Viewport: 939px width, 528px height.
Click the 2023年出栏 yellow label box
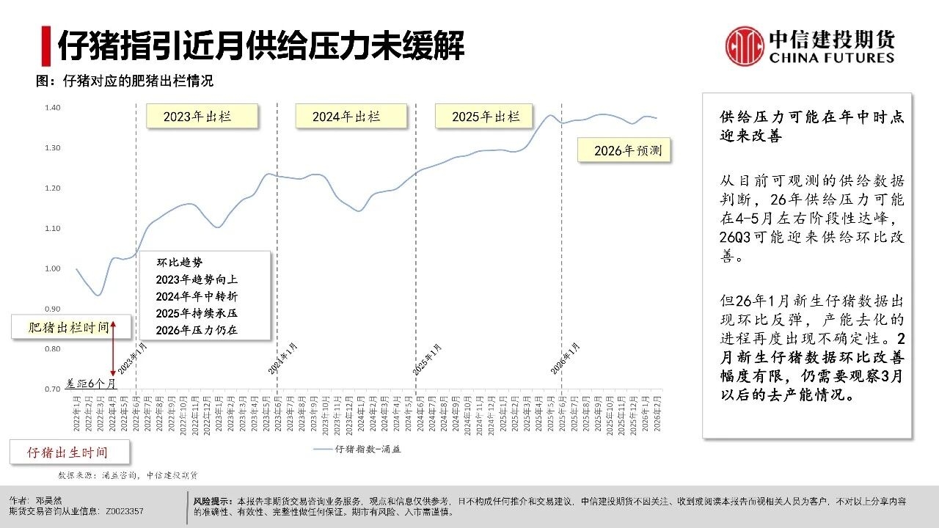click(x=202, y=117)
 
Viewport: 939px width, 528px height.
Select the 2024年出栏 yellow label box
click(x=351, y=117)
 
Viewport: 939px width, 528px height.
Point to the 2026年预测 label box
click(x=624, y=150)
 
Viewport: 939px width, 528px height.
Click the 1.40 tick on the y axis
click(x=52, y=108)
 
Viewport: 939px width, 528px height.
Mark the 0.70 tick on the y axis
click(x=52, y=389)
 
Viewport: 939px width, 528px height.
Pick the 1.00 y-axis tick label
click(x=52, y=268)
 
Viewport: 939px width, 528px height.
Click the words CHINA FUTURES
click(x=832, y=58)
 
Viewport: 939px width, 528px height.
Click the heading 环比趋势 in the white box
click(x=179, y=263)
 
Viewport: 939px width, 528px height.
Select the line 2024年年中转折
click(x=197, y=296)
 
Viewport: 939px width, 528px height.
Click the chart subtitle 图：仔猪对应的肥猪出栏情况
click(x=125, y=81)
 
